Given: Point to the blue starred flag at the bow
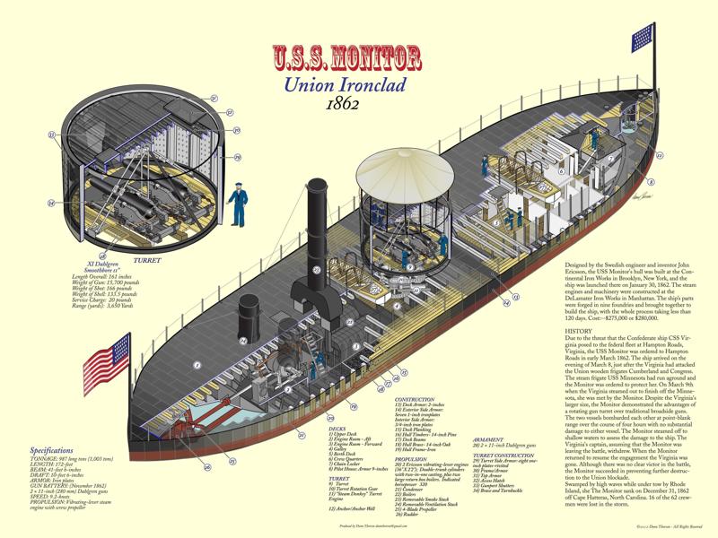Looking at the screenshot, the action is [x=643, y=38].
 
